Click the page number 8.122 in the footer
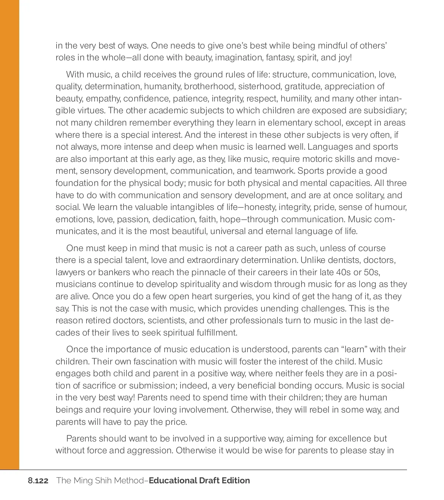point(38,481)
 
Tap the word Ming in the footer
point(84,481)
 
